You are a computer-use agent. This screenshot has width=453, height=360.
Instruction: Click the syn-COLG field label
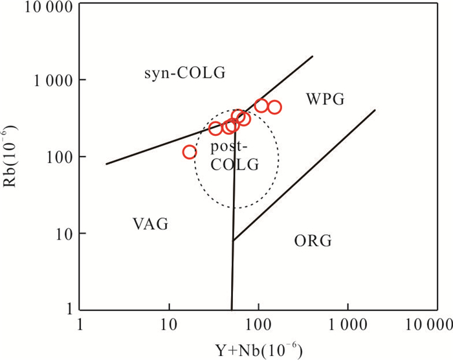pos(184,73)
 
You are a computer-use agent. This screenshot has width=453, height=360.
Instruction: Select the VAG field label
pos(151,225)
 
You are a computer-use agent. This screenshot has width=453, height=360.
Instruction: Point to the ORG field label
pos(313,242)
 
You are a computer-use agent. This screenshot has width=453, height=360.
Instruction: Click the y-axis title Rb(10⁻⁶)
pos(14,157)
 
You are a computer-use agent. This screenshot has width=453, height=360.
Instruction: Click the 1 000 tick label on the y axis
pos(49,80)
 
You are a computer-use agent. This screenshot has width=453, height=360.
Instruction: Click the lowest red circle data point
pos(190,152)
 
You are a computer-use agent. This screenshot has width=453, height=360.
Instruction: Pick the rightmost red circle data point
pos(274,107)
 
